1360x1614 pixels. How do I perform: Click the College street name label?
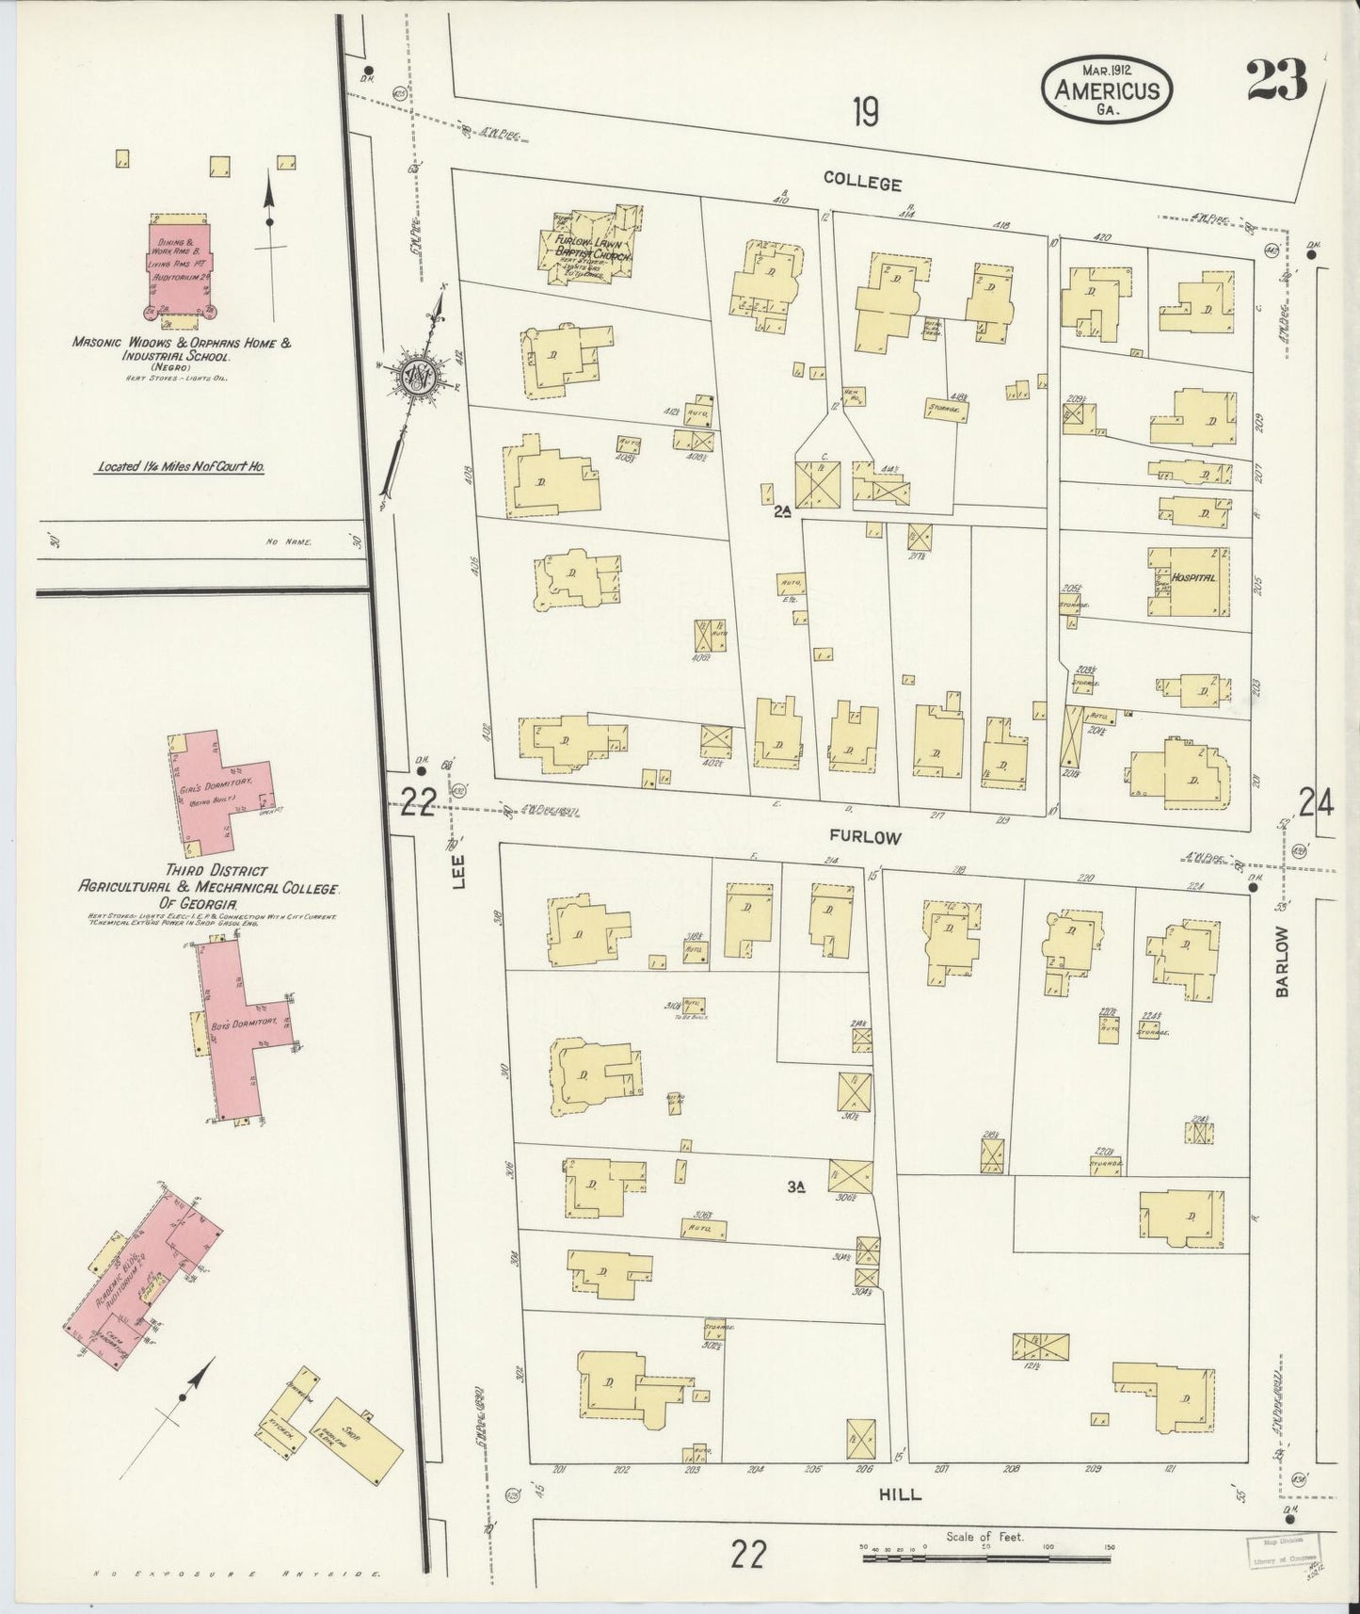(862, 183)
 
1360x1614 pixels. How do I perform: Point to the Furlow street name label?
(865, 836)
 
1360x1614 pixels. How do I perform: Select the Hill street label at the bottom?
(900, 1494)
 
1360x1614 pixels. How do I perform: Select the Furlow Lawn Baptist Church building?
(586, 247)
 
